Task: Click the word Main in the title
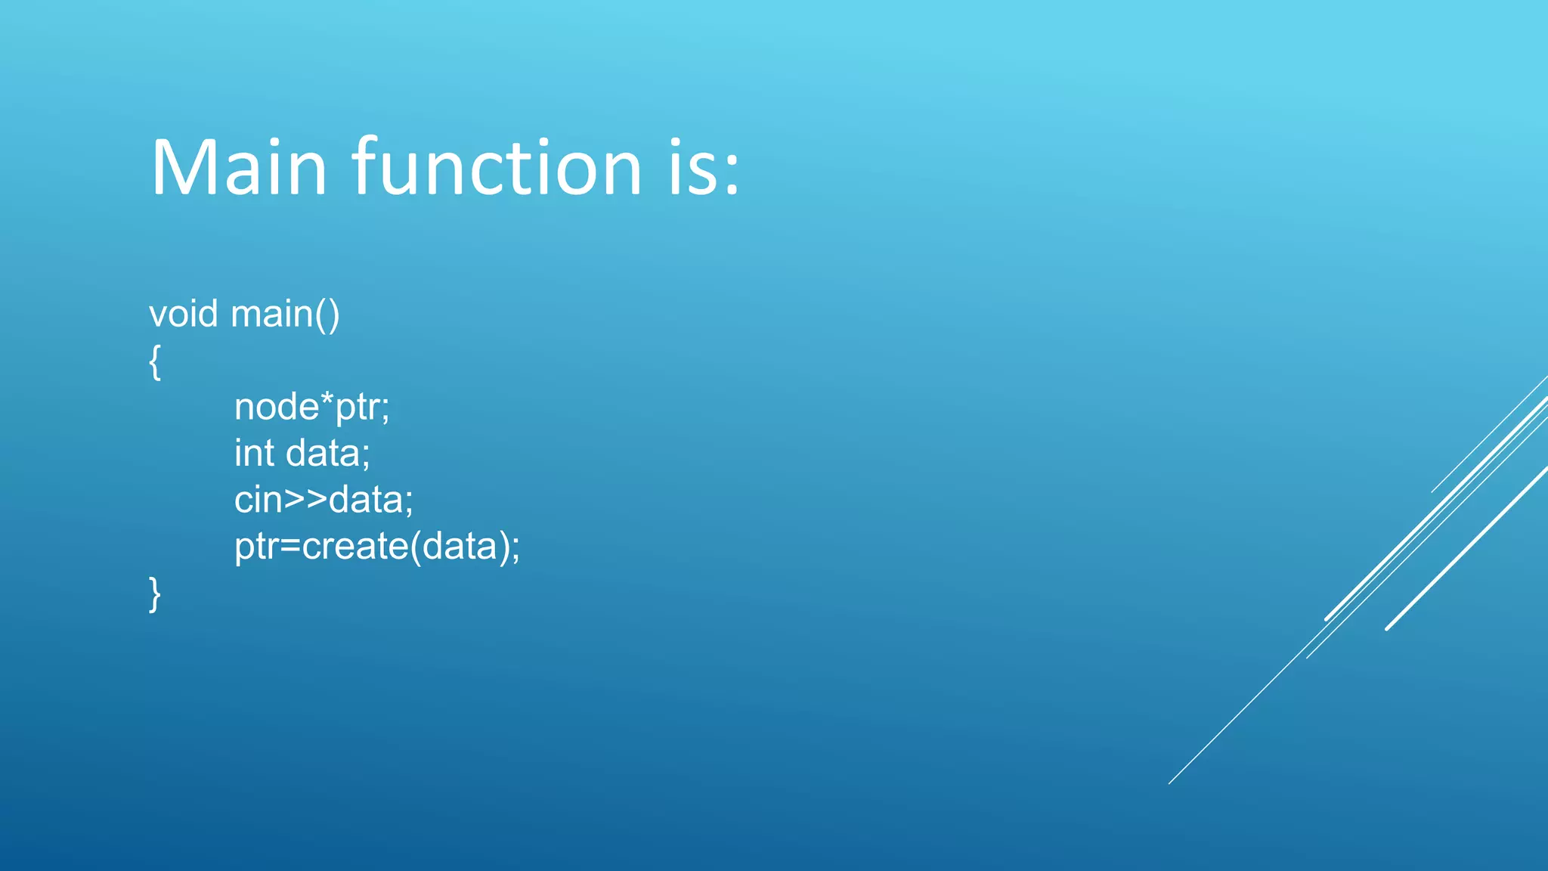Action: (x=239, y=168)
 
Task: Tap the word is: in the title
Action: (x=703, y=168)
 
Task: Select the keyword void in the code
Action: (x=183, y=314)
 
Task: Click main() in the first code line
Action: (x=285, y=314)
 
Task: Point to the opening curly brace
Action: (x=155, y=361)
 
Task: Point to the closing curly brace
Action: (x=155, y=594)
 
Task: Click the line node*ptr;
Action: (x=311, y=408)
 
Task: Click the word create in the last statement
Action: (x=355, y=546)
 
